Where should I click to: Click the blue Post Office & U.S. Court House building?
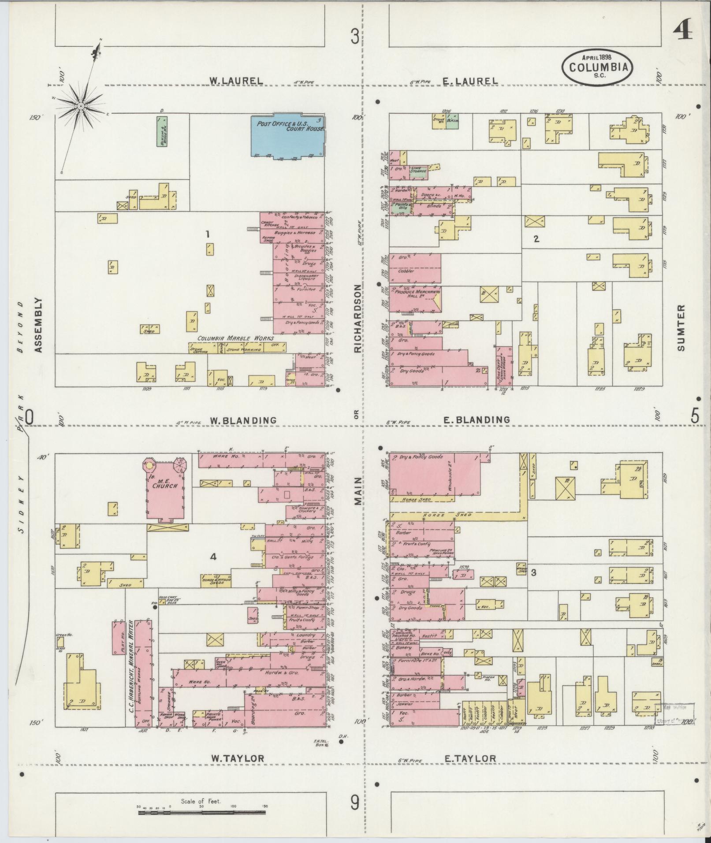(x=287, y=136)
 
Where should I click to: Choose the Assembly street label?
(x=38, y=325)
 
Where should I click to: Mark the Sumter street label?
(x=681, y=327)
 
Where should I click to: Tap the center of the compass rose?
(x=81, y=106)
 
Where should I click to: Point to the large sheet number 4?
(x=682, y=31)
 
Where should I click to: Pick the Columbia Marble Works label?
(x=235, y=338)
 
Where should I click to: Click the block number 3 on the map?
(x=534, y=572)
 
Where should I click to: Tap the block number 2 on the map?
(x=536, y=239)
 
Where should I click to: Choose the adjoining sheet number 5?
(x=695, y=416)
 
